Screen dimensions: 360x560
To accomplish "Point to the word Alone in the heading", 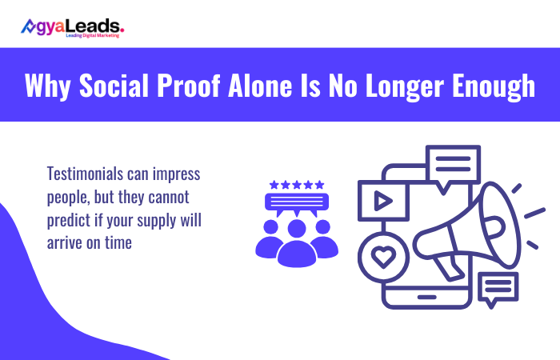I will tap(291, 86).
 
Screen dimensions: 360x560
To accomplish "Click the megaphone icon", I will tap(472, 232).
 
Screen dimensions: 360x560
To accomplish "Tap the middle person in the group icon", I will tap(297, 240).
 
